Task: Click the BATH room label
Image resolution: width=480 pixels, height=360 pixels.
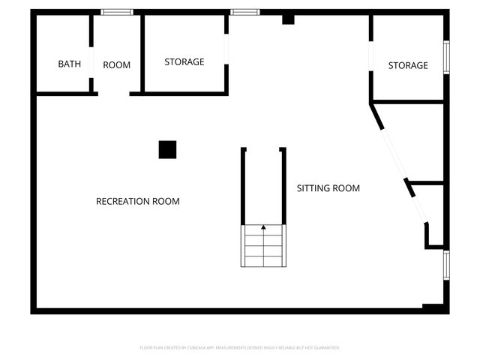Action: (x=69, y=64)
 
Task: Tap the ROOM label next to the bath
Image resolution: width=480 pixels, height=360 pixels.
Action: (x=116, y=65)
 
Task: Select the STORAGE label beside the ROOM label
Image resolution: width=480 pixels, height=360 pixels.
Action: (x=184, y=62)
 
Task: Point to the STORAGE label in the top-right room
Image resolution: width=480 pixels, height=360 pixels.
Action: (x=408, y=66)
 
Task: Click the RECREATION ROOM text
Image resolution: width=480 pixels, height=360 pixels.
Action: (x=137, y=202)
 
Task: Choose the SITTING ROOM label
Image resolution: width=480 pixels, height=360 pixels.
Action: (x=328, y=188)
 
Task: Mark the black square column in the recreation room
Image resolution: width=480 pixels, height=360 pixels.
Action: (x=167, y=150)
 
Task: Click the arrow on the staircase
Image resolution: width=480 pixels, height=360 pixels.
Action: (x=263, y=226)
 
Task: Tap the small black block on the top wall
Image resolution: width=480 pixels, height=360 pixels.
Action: (x=288, y=19)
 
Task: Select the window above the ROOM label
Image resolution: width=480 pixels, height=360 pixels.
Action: (x=117, y=12)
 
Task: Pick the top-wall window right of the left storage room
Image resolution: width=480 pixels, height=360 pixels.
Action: (x=244, y=12)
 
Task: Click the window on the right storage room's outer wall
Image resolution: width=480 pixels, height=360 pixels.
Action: (x=446, y=58)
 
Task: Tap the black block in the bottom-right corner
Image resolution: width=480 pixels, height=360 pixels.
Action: (x=433, y=307)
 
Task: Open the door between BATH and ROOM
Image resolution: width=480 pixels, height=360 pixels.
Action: (x=91, y=61)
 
